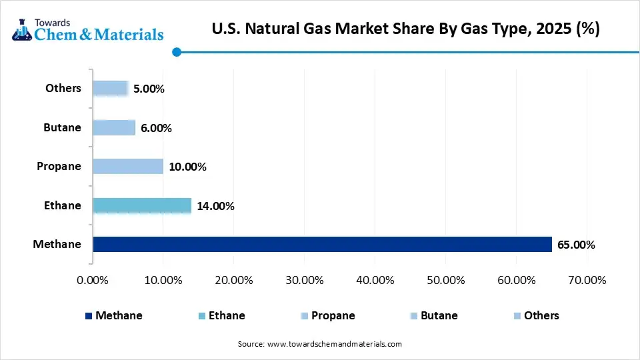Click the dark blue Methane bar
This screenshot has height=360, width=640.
tap(322, 244)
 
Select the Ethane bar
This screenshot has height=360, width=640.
tap(142, 205)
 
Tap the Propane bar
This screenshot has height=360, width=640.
tap(128, 166)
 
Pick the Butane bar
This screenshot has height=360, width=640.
tap(114, 127)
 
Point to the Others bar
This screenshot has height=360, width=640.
tap(110, 88)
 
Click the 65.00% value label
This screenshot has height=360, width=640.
tap(576, 245)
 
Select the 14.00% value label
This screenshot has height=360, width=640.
tap(215, 206)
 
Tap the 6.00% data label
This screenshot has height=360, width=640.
tap(156, 128)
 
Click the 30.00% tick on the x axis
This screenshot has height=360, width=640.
tap(304, 280)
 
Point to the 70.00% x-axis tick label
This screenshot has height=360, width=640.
tap(586, 280)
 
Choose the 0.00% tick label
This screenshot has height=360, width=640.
tap(93, 280)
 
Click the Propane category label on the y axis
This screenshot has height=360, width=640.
tap(59, 166)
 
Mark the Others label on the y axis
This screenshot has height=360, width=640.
tap(63, 88)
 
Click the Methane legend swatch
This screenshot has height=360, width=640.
tap(89, 316)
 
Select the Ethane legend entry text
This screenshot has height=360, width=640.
tap(226, 315)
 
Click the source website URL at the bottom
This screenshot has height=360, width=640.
tap(334, 344)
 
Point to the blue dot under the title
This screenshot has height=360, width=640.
tap(176, 51)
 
